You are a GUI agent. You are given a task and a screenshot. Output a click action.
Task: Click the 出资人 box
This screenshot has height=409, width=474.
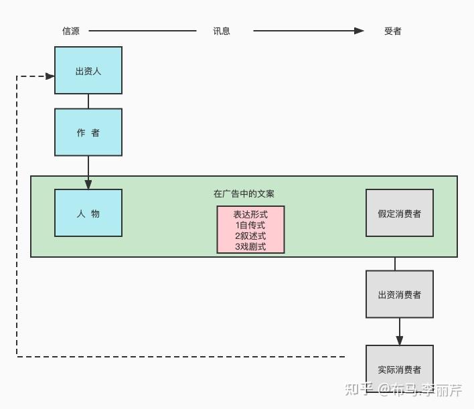click(88, 70)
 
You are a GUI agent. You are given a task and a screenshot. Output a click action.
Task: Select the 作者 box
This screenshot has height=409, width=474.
click(88, 133)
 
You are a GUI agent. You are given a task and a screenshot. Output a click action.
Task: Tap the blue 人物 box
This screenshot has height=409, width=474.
click(88, 213)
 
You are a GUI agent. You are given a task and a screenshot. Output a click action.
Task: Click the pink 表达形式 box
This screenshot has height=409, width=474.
click(250, 230)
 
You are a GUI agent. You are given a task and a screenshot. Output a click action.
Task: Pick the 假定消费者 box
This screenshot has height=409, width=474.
click(399, 213)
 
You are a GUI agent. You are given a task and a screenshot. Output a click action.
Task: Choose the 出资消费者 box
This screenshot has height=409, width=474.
click(399, 294)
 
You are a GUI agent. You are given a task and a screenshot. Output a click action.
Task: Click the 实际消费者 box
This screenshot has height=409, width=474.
click(399, 368)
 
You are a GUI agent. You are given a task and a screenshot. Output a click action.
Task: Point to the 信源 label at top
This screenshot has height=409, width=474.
click(71, 31)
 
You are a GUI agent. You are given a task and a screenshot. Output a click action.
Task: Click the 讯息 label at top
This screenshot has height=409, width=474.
click(222, 31)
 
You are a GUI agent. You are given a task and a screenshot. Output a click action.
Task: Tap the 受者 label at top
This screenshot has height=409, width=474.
click(393, 31)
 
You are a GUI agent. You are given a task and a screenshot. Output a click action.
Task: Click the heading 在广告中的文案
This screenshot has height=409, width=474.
click(244, 193)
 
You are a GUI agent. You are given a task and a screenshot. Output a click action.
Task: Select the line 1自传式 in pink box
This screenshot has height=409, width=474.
click(250, 225)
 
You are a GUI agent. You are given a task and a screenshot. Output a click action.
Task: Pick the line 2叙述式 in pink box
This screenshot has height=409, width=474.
click(250, 236)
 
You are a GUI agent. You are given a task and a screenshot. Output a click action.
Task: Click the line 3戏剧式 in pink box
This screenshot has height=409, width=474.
click(250, 246)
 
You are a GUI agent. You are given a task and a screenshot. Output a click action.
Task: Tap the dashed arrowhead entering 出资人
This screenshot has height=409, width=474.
click(50, 76)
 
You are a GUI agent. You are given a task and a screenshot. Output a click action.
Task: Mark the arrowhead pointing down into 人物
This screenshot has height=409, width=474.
click(88, 184)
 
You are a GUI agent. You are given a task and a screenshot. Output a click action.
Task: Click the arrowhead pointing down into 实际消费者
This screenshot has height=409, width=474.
click(400, 340)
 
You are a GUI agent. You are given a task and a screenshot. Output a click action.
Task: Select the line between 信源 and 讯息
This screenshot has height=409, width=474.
click(142, 31)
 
